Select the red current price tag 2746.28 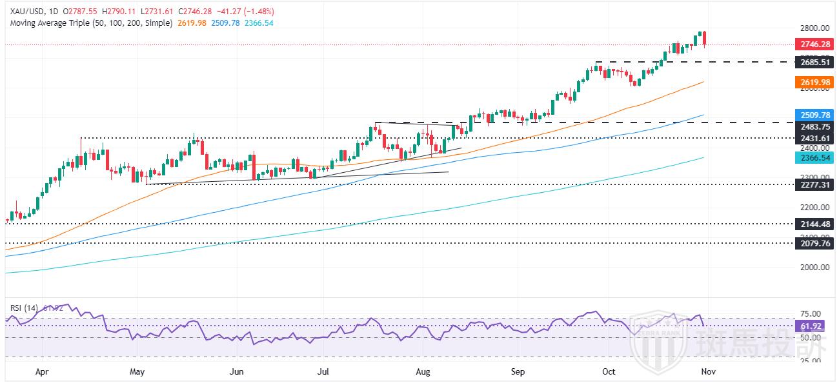click(x=814, y=44)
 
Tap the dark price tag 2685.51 click(x=814, y=63)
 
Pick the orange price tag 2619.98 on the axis click(x=814, y=82)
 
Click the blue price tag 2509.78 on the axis click(x=814, y=115)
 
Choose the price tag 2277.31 click(x=814, y=184)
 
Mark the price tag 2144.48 click(x=814, y=224)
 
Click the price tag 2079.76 click(x=814, y=244)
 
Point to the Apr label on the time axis click(x=43, y=371)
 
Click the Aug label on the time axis click(x=423, y=371)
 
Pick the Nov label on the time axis click(x=707, y=371)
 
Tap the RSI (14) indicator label click(x=24, y=308)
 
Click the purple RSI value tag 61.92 click(x=814, y=326)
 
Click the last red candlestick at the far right click(x=705, y=39)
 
